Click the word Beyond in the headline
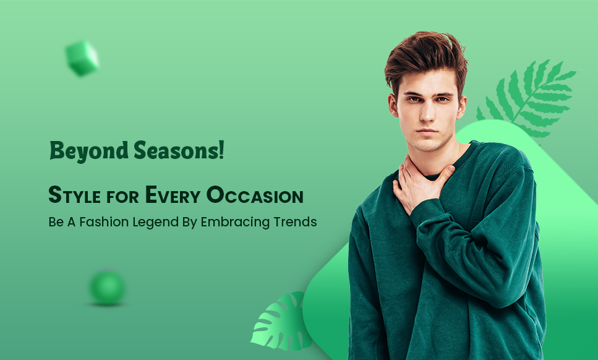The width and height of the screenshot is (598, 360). [x=89, y=151]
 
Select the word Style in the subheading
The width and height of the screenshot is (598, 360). [x=75, y=195]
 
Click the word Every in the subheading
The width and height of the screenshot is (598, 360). [x=173, y=195]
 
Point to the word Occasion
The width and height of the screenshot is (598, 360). [x=255, y=195]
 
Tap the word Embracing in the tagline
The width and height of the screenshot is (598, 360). [x=228, y=222]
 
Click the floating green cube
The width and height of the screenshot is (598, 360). [x=82, y=58]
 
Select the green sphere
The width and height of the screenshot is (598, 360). [x=108, y=288]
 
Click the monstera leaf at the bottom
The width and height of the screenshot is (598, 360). [x=280, y=322]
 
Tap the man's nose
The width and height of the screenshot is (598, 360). [x=427, y=111]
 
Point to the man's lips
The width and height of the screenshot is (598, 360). [x=427, y=132]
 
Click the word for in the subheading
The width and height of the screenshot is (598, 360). [x=123, y=197]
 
